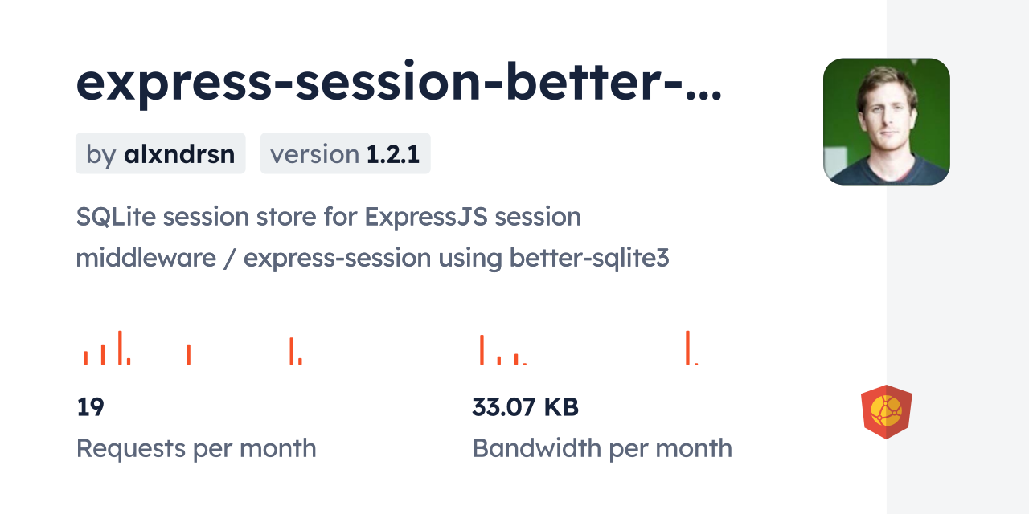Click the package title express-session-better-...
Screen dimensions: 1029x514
pyautogui.click(x=399, y=84)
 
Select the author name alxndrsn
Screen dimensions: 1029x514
pyautogui.click(x=179, y=153)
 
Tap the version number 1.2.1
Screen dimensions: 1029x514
pyautogui.click(x=393, y=153)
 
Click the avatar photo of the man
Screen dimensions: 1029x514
pyautogui.click(x=887, y=121)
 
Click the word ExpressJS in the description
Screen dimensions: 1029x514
pyautogui.click(x=426, y=218)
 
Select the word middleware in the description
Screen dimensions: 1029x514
pyautogui.click(x=146, y=258)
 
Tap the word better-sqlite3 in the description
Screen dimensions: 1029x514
pyautogui.click(x=589, y=259)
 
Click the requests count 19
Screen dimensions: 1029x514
pyautogui.click(x=91, y=406)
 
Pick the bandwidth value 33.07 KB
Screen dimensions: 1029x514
pyautogui.click(x=526, y=406)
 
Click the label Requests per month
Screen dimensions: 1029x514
pyautogui.click(x=196, y=448)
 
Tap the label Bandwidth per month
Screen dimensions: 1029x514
pyautogui.click(x=602, y=448)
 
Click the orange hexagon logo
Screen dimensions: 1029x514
pyautogui.click(x=887, y=412)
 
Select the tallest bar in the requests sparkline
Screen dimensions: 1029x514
pyautogui.click(x=120, y=348)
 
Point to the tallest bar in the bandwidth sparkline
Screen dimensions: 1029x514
pyautogui.click(x=687, y=348)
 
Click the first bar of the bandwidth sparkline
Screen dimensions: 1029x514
pyautogui.click(x=482, y=349)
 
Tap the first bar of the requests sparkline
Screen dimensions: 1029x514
pyautogui.click(x=85, y=358)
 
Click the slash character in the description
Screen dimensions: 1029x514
pyautogui.click(x=230, y=259)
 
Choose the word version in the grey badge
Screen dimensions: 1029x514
pyautogui.click(x=314, y=154)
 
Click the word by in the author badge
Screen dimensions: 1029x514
pyautogui.click(x=101, y=155)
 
